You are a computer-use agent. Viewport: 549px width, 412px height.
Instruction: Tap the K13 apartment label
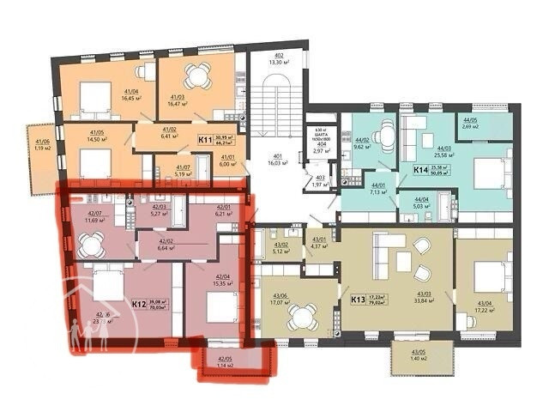point(358,300)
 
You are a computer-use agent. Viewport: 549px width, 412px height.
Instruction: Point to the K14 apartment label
point(421,170)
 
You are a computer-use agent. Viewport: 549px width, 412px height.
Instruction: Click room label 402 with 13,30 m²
point(275,58)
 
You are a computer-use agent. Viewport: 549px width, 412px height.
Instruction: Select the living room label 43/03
point(422,297)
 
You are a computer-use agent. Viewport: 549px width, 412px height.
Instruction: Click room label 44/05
point(470,123)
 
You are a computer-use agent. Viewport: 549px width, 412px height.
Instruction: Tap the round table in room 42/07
point(90,244)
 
